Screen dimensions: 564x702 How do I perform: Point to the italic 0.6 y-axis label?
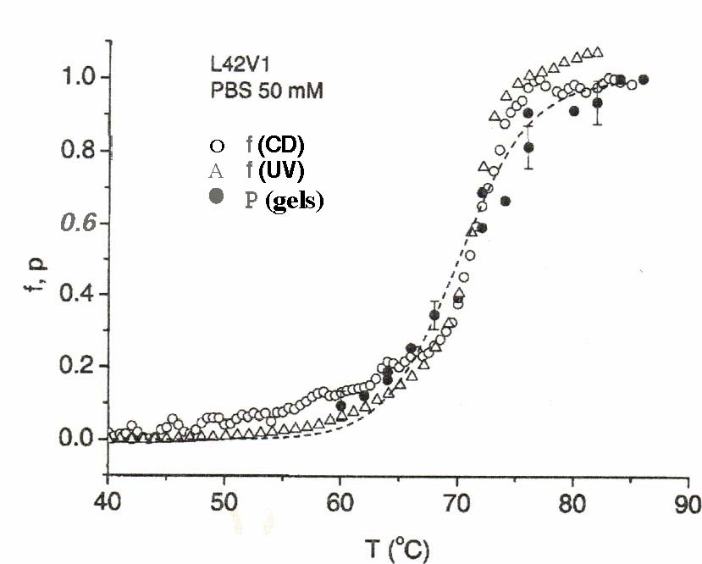click(76, 224)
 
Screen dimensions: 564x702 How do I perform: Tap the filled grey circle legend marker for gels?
click(218, 197)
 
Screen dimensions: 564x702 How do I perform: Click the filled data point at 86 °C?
click(643, 80)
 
